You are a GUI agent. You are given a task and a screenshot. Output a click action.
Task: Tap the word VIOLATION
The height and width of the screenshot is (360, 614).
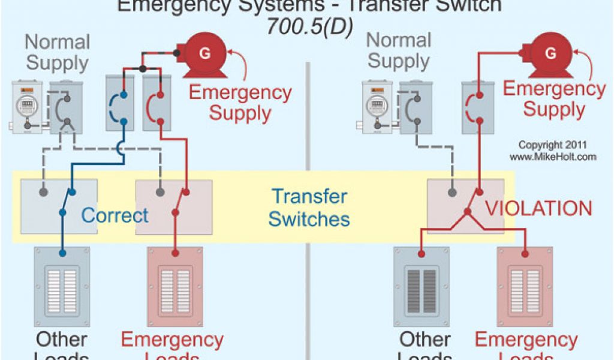click(x=538, y=209)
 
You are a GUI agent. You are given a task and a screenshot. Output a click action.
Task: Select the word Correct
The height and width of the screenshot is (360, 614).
click(x=115, y=215)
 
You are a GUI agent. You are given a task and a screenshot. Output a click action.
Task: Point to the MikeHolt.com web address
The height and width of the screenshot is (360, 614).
click(x=553, y=157)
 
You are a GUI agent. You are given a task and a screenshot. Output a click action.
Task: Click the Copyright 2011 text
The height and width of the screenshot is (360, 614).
click(x=553, y=145)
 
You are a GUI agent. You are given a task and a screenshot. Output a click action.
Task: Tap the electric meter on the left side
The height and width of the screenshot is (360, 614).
click(x=27, y=107)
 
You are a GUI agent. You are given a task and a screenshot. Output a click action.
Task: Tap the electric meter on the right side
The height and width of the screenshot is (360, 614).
click(x=378, y=107)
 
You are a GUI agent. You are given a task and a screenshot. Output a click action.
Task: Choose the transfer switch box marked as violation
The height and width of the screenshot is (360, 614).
click(x=465, y=206)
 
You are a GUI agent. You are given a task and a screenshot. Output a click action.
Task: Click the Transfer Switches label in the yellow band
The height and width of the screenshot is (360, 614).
click(x=309, y=208)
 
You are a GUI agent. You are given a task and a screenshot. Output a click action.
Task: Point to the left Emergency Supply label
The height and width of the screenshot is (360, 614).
click(x=240, y=103)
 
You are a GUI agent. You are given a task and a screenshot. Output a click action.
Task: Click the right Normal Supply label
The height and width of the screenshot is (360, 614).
click(x=399, y=50)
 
